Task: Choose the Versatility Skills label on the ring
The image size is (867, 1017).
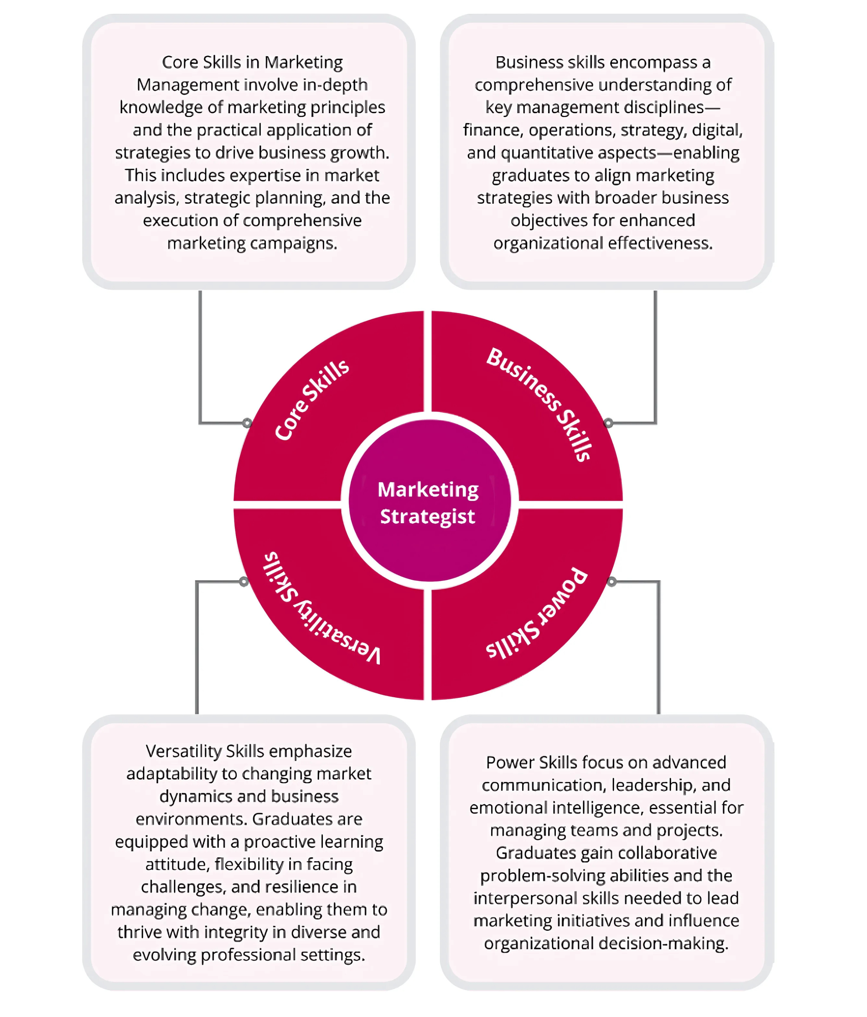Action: tap(322, 609)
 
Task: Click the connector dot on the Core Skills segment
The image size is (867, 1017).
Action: tap(247, 423)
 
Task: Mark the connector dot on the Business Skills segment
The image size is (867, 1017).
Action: tap(608, 423)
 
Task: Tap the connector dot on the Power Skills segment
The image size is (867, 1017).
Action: tap(611, 582)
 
